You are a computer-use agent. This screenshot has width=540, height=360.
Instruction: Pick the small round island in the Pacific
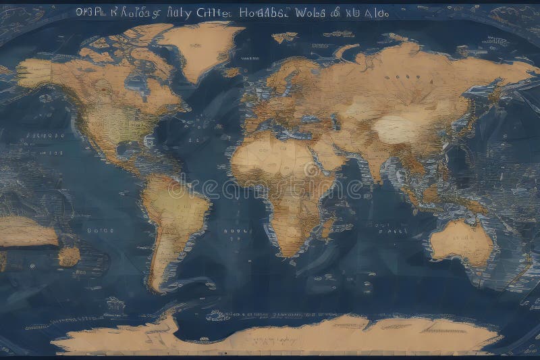[x=68, y=256]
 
